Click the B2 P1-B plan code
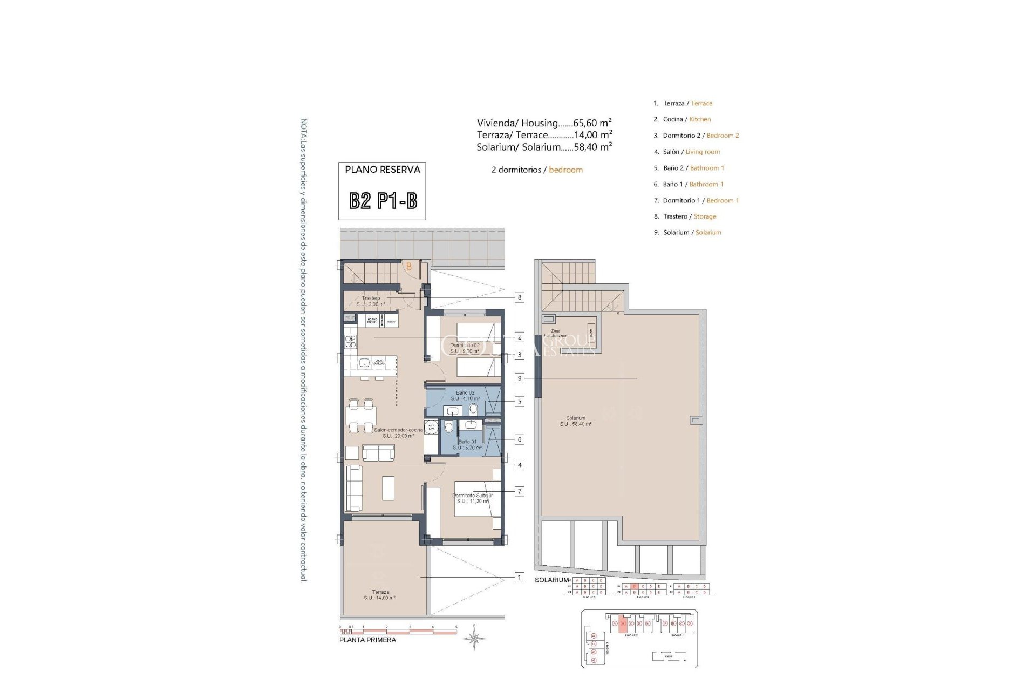coord(383,201)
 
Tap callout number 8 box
coord(520,297)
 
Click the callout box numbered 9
coord(520,378)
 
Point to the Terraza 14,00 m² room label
coord(380,595)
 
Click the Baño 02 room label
coord(465,396)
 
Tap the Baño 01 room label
coord(466,444)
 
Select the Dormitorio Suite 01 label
coord(472,498)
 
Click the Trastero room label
coord(372,301)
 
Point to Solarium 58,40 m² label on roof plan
coord(576,421)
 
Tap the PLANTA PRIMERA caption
coord(367,640)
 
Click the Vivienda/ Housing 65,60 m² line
coord(544,123)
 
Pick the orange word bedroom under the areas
coord(565,170)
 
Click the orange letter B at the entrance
coord(409,267)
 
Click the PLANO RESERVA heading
coord(383,170)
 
